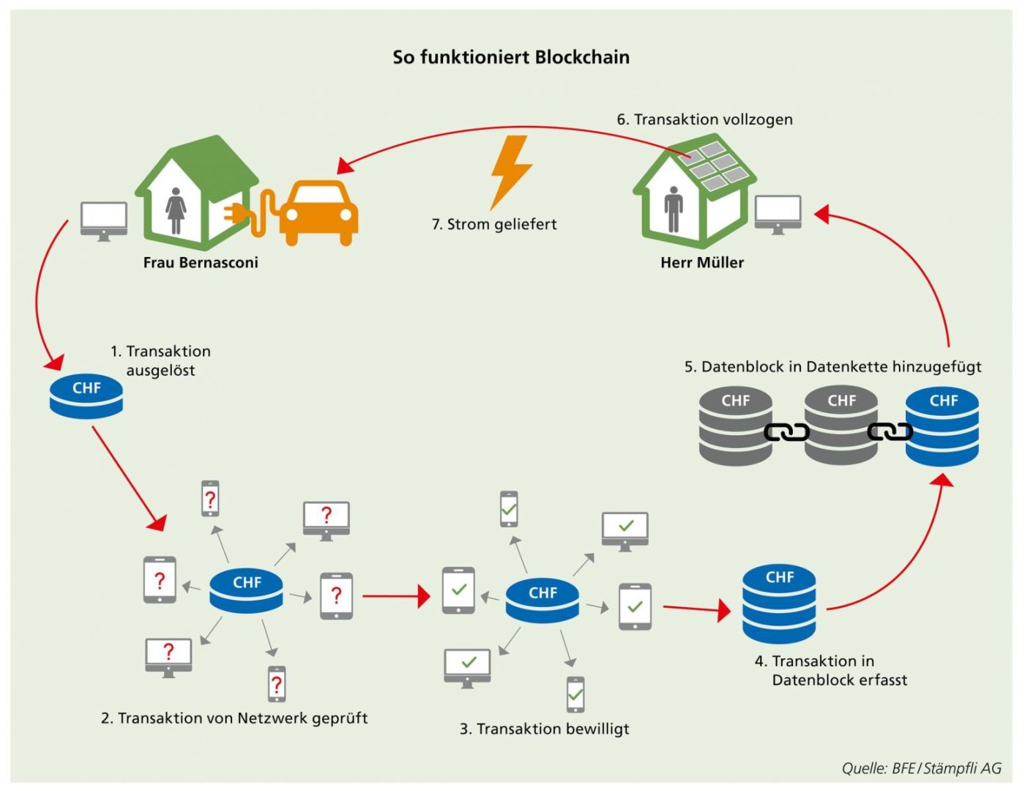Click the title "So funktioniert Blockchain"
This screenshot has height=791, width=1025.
point(511,57)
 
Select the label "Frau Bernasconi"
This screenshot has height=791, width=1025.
point(201,263)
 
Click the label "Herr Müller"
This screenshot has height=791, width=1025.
point(702,263)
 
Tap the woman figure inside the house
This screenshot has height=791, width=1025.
point(176,210)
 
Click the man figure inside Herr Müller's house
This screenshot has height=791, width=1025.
point(674,209)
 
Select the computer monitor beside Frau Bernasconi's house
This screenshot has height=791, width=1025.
point(104,220)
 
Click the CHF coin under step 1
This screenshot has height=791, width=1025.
point(86,395)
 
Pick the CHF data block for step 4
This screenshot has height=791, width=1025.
point(779,604)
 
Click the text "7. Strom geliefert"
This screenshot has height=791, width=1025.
point(494,225)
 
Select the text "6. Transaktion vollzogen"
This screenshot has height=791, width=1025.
point(704,119)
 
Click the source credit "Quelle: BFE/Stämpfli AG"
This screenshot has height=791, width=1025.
point(921,768)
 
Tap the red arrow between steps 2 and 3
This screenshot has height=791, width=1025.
point(395,596)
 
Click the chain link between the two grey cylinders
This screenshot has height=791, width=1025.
point(786,432)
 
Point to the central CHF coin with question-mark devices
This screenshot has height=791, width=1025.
point(246,590)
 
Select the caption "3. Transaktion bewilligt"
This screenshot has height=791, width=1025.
point(544,729)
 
